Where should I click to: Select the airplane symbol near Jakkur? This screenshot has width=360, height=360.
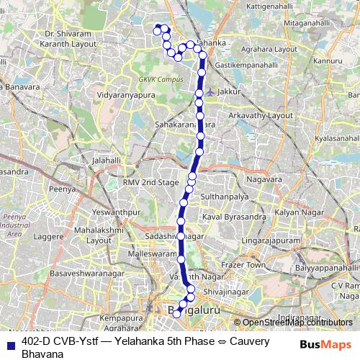pyautogui.click(x=210, y=91)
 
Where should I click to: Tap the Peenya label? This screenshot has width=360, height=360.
pyautogui.click(x=62, y=189)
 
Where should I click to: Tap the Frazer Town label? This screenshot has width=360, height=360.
pyautogui.click(x=248, y=266)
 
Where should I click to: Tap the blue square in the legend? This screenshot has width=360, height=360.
pyautogui.click(x=9, y=341)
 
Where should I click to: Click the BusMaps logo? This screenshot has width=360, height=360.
pyautogui.click(x=325, y=345)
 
